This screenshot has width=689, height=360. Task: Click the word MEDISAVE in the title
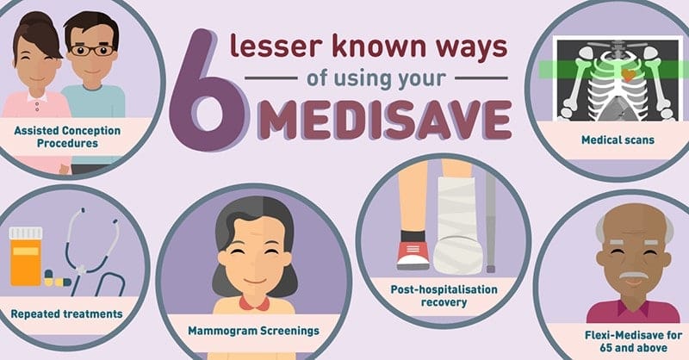point(385,120)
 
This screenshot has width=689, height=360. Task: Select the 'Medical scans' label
point(618,140)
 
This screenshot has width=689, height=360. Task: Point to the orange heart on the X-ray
point(629,75)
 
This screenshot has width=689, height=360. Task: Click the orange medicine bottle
point(26,257)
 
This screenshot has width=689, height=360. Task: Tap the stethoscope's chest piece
point(82,269)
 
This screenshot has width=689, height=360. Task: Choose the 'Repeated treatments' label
point(67,313)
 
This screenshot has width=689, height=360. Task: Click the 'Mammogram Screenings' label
point(253,331)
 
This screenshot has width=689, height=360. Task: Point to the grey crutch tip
point(491,268)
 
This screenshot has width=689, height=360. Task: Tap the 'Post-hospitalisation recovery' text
point(444,295)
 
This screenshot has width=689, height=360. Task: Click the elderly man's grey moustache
point(633,276)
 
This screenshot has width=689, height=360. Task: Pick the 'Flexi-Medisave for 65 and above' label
point(633,342)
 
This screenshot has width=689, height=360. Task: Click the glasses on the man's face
point(92,50)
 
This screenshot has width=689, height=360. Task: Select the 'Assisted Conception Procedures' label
point(67,137)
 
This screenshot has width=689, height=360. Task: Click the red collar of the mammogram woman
point(254,303)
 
